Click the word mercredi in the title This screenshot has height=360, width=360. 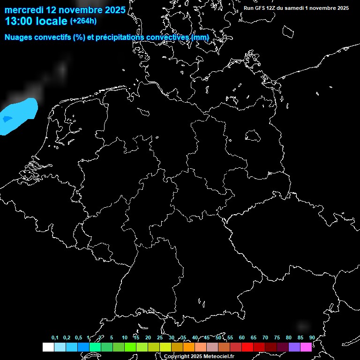[x=24, y=9]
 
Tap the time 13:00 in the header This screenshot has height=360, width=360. [x=19, y=21]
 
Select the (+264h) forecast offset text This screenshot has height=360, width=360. [x=83, y=21]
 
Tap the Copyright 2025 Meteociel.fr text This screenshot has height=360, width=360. [x=199, y=356]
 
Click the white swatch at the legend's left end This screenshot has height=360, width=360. [x=48, y=347]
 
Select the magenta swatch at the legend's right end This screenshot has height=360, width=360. [x=306, y=347]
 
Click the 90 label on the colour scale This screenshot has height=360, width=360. [x=312, y=337]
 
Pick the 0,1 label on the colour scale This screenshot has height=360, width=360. [x=55, y=337]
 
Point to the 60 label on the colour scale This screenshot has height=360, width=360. [x=241, y=337]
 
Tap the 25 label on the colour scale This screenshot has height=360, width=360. [x=159, y=337]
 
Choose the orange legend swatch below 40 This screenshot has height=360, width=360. [x=189, y=347]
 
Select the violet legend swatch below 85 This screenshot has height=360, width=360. [x=294, y=347]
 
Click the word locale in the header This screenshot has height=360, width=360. [x=52, y=21]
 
